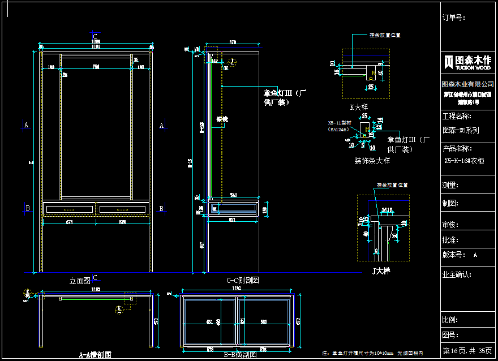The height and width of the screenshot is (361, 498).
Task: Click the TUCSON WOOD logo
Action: tap(467, 62)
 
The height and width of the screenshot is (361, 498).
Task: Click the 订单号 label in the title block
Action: tap(453, 18)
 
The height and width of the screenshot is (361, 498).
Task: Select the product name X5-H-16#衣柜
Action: tap(464, 161)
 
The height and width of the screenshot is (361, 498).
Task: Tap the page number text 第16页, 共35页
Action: tap(467, 351)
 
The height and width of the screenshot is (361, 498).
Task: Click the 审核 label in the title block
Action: tap(450, 225)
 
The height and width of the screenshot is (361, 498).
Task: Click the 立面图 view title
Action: tap(80, 280)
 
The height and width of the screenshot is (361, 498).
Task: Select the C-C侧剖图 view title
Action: tap(243, 280)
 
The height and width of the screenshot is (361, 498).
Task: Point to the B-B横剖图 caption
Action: tap(241, 355)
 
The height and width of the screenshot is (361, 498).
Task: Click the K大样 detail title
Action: tap(359, 107)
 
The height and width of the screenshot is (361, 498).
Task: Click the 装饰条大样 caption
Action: tap(372, 161)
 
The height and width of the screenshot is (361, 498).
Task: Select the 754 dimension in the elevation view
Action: tap(96, 67)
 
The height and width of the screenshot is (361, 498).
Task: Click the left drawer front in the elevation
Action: tap(70, 209)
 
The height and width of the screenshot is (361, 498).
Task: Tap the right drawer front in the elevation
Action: tap(123, 209)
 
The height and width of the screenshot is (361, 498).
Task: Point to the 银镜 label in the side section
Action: tap(222, 119)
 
